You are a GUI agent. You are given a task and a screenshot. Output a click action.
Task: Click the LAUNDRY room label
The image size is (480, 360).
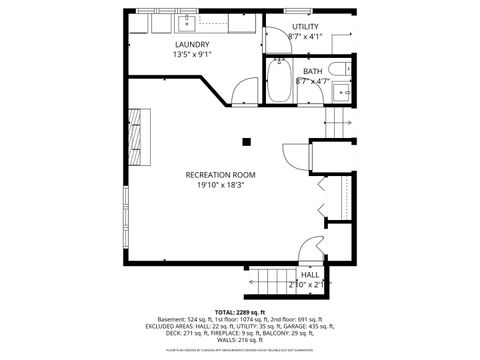(x=192, y=45)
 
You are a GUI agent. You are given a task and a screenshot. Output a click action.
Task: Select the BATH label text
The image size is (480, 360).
(x=312, y=71)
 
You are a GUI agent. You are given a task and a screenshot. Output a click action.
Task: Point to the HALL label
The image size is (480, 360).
(x=310, y=274)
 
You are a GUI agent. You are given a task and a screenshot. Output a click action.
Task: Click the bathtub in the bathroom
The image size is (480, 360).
(x=278, y=81)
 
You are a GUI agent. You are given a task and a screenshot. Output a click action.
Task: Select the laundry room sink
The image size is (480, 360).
(x=186, y=21)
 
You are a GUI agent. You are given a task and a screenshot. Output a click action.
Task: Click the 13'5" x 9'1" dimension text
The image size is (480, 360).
(x=192, y=55)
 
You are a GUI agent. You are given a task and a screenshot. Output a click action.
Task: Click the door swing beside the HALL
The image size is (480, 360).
(x=312, y=246)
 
